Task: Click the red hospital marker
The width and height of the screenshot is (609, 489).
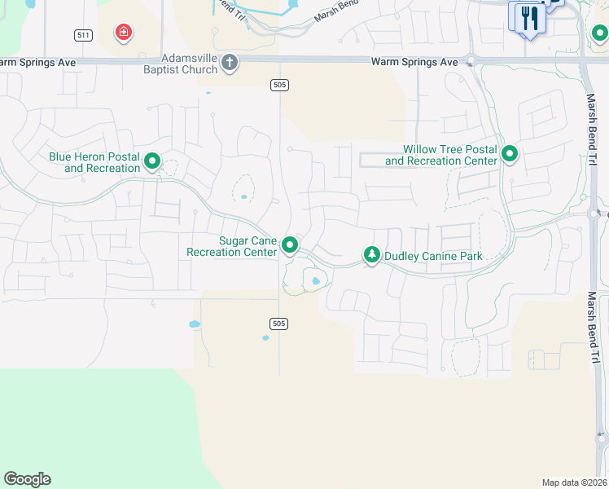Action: [x=124, y=33]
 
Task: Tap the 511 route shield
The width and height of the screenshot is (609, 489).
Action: [x=82, y=34]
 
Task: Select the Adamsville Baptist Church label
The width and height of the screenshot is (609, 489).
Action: [x=190, y=64]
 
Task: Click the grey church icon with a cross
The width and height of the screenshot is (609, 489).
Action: [x=230, y=62]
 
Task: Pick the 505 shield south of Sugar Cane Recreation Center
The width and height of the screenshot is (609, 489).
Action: [x=279, y=324]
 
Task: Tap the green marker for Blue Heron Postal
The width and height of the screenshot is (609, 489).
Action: [x=152, y=162]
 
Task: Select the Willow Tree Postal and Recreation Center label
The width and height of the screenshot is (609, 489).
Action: [x=441, y=155]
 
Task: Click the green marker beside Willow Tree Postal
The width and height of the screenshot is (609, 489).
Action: [x=510, y=153]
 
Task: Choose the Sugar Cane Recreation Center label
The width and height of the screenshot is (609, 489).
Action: [x=232, y=246]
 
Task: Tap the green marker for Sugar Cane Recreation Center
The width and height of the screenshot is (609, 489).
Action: [x=289, y=244]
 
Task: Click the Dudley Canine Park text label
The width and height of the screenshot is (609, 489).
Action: [x=433, y=256]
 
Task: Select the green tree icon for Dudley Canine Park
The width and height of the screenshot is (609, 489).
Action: [x=371, y=256]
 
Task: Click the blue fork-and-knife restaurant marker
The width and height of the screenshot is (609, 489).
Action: [x=528, y=18]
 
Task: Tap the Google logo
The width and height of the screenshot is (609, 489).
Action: [x=27, y=479]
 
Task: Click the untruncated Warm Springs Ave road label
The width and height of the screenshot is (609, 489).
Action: [x=414, y=62]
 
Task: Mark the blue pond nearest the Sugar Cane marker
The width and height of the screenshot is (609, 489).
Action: [x=315, y=281]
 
